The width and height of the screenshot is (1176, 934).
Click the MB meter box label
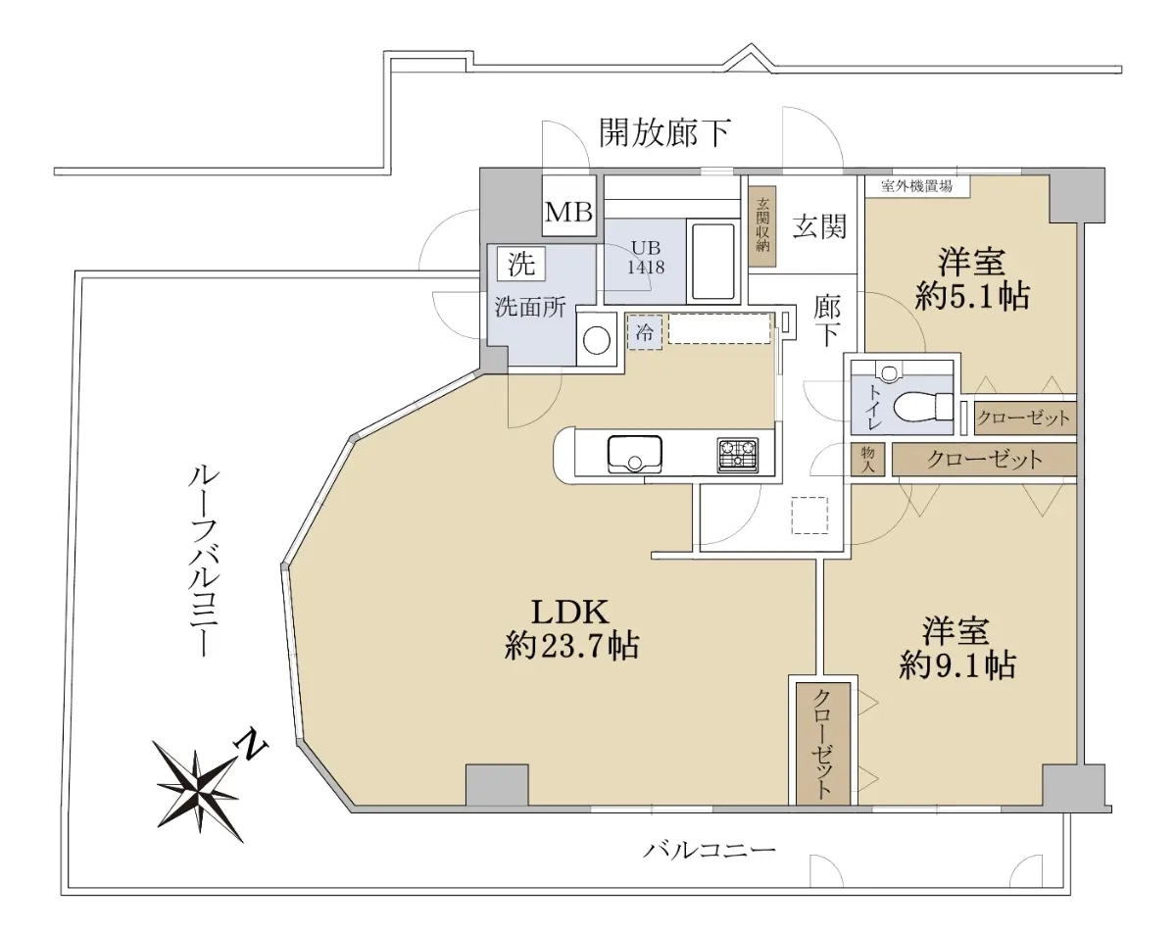[568, 212]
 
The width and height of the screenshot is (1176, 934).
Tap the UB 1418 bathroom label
[646, 258]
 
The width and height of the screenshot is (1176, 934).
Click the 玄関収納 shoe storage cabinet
[762, 225]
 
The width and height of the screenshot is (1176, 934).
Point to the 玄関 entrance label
[819, 225]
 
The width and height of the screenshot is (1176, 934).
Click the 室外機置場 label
[916, 186]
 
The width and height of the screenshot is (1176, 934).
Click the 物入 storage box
[868, 459]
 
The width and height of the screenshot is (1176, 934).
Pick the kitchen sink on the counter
[634, 454]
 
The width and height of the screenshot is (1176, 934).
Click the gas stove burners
[738, 456]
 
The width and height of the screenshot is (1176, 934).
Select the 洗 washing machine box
[521, 265]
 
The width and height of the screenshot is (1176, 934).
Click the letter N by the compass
[251, 744]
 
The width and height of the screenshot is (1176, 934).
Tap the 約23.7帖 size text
[571, 647]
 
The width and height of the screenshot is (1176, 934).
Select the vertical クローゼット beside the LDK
[823, 743]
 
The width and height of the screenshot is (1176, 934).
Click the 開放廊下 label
[665, 133]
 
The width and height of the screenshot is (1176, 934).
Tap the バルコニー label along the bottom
[710, 851]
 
